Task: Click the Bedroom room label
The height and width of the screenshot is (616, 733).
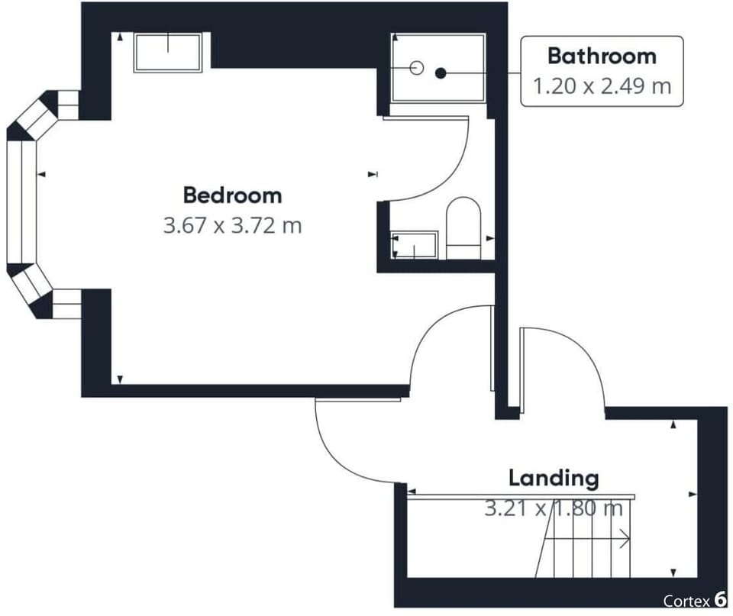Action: click(232, 195)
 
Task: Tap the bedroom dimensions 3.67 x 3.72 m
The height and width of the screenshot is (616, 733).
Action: click(232, 226)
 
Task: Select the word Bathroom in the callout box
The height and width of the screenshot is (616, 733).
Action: click(602, 56)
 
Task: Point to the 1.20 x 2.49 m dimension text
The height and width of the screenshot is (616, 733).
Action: click(602, 85)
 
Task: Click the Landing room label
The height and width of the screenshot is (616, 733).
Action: click(554, 479)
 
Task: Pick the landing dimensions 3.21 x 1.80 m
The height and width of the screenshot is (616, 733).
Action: click(554, 508)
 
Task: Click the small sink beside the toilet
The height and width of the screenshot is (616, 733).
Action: click(414, 245)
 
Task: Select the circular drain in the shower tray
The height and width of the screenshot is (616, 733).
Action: click(416, 68)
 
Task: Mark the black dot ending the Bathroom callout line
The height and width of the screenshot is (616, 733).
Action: click(441, 73)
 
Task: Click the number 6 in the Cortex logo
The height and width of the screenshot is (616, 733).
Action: click(720, 600)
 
